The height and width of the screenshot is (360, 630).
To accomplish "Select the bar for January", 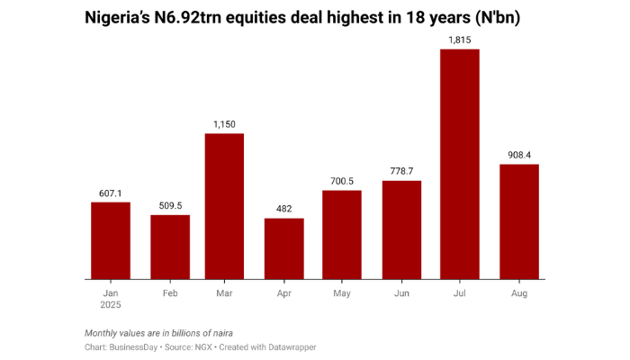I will [x=111, y=240].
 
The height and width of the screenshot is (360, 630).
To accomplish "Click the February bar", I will [x=170, y=247].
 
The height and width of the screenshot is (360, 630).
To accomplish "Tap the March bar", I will [x=225, y=206].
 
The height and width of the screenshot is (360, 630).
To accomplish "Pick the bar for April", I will [x=283, y=248].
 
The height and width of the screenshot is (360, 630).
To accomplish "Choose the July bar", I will [x=459, y=164].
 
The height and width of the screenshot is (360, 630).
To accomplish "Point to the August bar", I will [x=519, y=221].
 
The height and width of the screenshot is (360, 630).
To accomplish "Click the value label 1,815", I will [x=459, y=39].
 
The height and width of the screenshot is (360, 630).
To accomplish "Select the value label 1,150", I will [x=225, y=124].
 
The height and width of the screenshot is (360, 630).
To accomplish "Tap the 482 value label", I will [x=283, y=209].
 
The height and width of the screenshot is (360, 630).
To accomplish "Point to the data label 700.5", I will [x=342, y=181].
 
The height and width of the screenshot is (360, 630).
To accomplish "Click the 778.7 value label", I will [x=401, y=171].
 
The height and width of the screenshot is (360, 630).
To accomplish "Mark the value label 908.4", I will [x=519, y=155].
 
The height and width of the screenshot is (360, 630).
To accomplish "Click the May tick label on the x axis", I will [x=342, y=293].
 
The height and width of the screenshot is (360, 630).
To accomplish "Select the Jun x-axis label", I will [x=401, y=293].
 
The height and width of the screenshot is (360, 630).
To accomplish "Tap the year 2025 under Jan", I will [x=111, y=306].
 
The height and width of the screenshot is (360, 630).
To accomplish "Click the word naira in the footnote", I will [x=220, y=333].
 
